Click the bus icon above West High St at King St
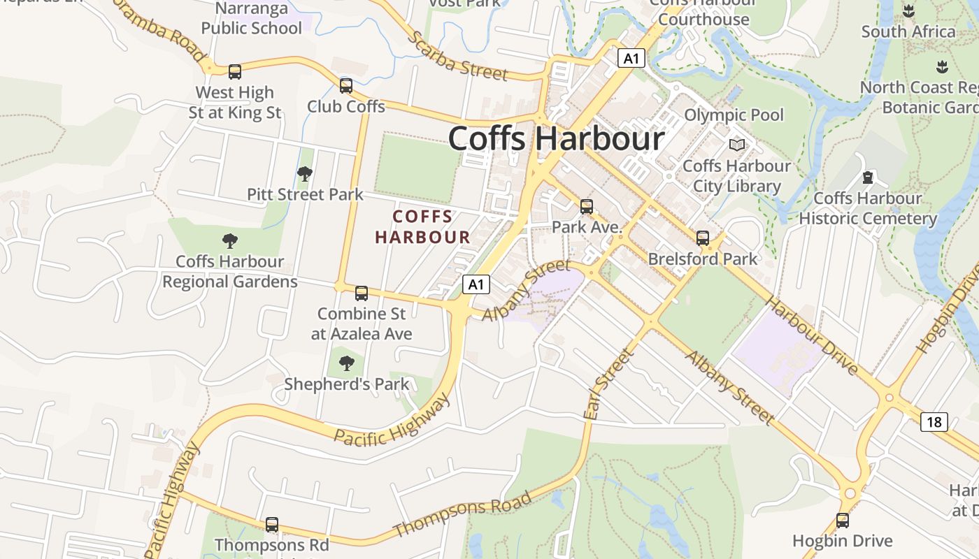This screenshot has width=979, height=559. pyautogui.click(x=235, y=71)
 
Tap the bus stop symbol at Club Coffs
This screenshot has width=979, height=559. pyautogui.click(x=346, y=85)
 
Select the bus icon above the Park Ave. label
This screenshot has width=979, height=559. pyautogui.click(x=587, y=206)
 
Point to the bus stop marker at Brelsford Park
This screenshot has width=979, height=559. pyautogui.click(x=703, y=238)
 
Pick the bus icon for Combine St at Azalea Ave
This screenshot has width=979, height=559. pyautogui.click(x=362, y=293)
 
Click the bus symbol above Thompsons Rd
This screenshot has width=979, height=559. pyautogui.click(x=272, y=524)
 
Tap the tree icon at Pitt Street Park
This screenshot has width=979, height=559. pyautogui.click(x=305, y=173)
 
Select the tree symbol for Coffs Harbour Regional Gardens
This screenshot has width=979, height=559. pyautogui.click(x=230, y=241)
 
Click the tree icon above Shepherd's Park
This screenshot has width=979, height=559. pyautogui.click(x=346, y=363)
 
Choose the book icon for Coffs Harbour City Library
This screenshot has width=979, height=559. pyautogui.click(x=737, y=145)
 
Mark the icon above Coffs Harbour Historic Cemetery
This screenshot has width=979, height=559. pyautogui.click(x=868, y=177)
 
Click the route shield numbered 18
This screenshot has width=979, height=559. pyautogui.click(x=934, y=421)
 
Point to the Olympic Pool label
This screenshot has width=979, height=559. pyautogui.click(x=734, y=115)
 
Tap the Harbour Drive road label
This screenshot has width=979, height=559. pyautogui.click(x=812, y=335)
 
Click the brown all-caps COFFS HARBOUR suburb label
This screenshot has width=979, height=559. pyautogui.click(x=422, y=226)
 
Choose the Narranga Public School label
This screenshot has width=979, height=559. pyautogui.click(x=252, y=18)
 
